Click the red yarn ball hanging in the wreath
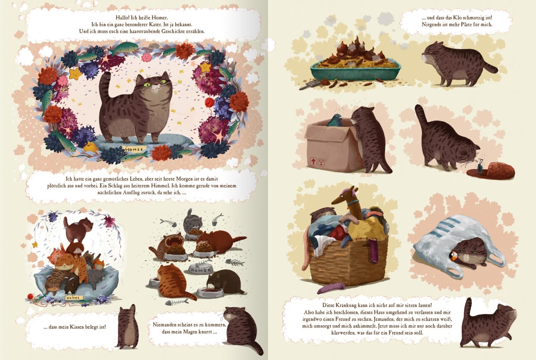click(209, 103)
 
